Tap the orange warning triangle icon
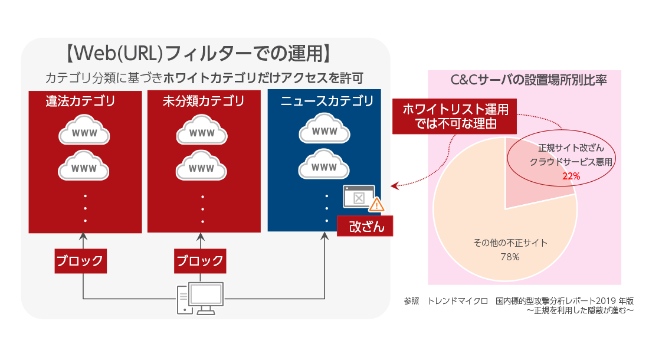(x=376, y=205)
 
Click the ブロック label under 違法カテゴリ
(x=81, y=260)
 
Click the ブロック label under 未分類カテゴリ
(x=201, y=260)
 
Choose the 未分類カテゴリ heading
(x=203, y=102)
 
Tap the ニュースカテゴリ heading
(x=327, y=102)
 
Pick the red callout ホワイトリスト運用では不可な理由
(x=455, y=116)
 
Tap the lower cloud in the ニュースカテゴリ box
(x=324, y=167)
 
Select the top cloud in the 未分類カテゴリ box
(x=202, y=132)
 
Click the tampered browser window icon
(x=358, y=197)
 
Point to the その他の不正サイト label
(x=510, y=243)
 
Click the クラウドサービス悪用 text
(x=571, y=161)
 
